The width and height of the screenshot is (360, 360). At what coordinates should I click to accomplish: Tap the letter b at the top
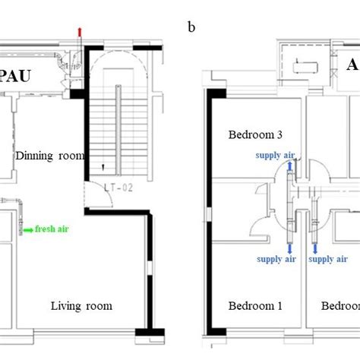(191, 28)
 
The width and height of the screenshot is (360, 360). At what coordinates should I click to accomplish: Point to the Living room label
(81, 306)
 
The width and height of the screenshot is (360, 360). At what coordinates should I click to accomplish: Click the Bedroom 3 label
(255, 134)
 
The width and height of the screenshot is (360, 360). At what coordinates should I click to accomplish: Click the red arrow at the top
(80, 30)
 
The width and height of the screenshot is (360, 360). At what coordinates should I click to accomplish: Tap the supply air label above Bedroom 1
(276, 259)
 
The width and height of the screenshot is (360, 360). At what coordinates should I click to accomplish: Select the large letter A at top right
(352, 65)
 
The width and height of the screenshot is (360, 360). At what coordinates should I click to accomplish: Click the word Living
(67, 306)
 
